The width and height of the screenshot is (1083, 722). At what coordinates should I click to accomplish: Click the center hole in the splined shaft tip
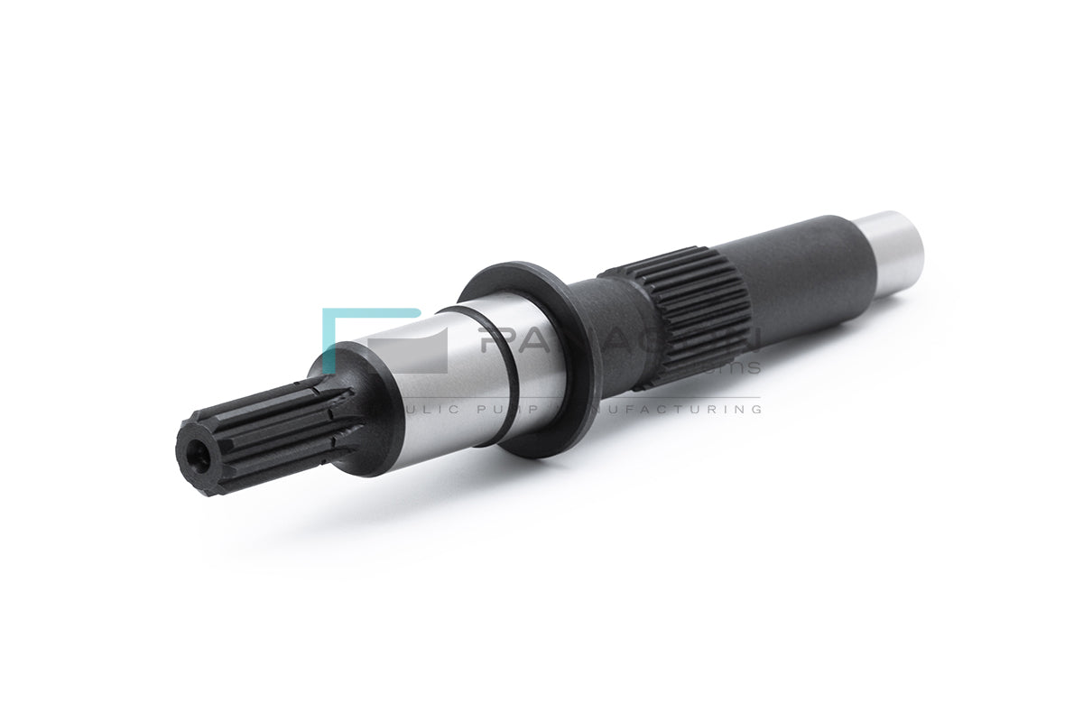point(199,458)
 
